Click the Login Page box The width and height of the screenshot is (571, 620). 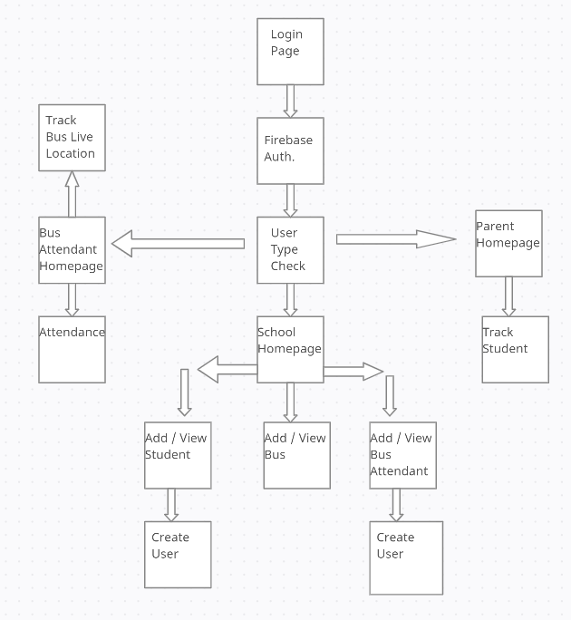pyautogui.click(x=290, y=52)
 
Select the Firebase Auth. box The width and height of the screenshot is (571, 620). pyautogui.click(x=290, y=150)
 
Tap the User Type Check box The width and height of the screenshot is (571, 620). pyautogui.click(x=290, y=250)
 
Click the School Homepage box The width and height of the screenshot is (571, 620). pyautogui.click(x=290, y=349)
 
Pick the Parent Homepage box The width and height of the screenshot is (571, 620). pyautogui.click(x=508, y=243)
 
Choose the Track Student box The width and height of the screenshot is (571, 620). pyautogui.click(x=515, y=349)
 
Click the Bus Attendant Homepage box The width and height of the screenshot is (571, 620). pyautogui.click(x=72, y=250)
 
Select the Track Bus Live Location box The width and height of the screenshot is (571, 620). pyautogui.click(x=72, y=138)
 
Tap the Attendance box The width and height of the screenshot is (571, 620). pyautogui.click(x=72, y=349)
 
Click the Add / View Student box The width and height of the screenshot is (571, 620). pyautogui.click(x=178, y=455)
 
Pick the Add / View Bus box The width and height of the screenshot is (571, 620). pyautogui.click(x=296, y=455)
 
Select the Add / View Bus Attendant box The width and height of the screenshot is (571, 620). pyautogui.click(x=402, y=455)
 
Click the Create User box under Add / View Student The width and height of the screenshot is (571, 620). pyautogui.click(x=178, y=555)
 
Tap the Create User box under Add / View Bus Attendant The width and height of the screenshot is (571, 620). pyautogui.click(x=406, y=557)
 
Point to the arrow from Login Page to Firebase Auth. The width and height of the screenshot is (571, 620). pyautogui.click(x=290, y=101)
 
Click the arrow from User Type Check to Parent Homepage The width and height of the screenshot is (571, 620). pyautogui.click(x=395, y=239)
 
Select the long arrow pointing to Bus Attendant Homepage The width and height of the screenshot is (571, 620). pyautogui.click(x=179, y=243)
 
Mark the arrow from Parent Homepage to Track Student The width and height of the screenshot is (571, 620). pyautogui.click(x=508, y=296)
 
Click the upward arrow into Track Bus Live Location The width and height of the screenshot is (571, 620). pyautogui.click(x=72, y=193)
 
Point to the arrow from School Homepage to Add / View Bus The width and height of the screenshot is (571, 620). pyautogui.click(x=290, y=402)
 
